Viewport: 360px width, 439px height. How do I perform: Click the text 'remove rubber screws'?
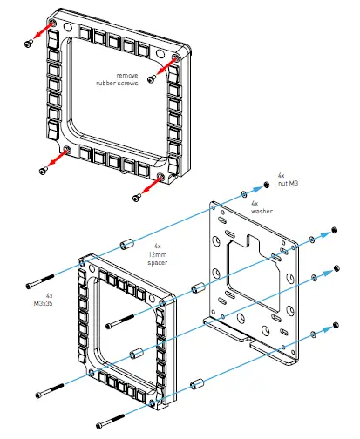pyautogui.click(x=119, y=80)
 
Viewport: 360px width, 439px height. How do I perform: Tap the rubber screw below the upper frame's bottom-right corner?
pyautogui.click(x=136, y=199)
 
